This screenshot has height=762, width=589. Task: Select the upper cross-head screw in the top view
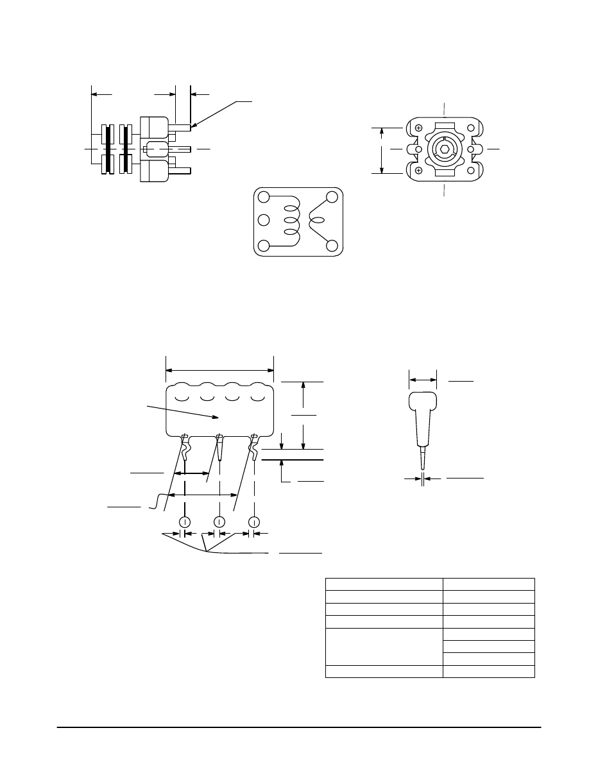[418, 128]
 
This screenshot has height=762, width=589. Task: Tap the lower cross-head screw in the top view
[418, 170]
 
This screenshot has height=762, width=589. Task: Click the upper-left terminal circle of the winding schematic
[263, 196]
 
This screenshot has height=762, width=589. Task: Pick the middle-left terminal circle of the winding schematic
[263, 221]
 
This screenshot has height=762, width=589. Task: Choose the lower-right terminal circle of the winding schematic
[332, 246]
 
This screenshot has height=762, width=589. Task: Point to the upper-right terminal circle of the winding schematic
[332, 197]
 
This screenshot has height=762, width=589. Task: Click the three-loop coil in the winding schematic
[291, 221]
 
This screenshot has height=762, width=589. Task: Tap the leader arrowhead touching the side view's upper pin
[193, 125]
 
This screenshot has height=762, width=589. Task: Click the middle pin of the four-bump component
[219, 448]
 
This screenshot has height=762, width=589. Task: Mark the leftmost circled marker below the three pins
[185, 521]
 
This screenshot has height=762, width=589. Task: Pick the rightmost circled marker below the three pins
[255, 521]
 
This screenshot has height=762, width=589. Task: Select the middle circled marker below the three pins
[219, 521]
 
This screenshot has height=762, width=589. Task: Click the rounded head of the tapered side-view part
[423, 403]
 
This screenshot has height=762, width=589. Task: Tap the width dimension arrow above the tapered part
[423, 380]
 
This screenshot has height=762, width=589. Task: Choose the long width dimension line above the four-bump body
[219, 370]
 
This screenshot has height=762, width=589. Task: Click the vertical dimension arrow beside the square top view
[382, 149]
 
